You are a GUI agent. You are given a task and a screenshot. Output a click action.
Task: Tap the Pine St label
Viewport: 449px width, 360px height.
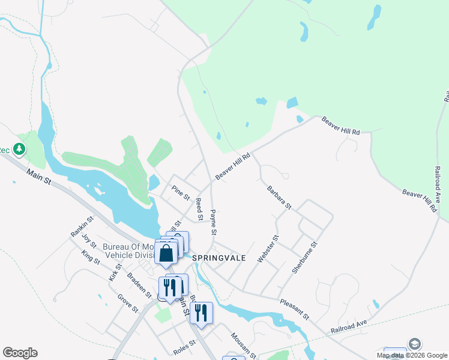(x=181, y=193)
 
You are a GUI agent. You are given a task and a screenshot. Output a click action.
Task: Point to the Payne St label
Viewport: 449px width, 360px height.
(x=213, y=222)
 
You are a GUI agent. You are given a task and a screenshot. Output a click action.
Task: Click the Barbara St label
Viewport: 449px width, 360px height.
(x=279, y=197)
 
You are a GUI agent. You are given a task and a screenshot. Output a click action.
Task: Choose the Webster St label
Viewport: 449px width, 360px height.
(x=268, y=248)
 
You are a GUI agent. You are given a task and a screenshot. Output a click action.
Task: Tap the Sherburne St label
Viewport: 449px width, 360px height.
(x=304, y=257)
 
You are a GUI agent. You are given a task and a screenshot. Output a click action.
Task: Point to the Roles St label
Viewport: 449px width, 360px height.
(x=184, y=346)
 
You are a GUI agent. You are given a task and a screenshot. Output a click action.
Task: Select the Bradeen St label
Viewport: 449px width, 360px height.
(x=139, y=285)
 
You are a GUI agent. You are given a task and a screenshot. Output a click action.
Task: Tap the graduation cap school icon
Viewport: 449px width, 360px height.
(x=414, y=344)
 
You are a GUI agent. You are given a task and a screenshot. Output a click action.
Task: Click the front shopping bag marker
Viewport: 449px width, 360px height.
(x=166, y=253)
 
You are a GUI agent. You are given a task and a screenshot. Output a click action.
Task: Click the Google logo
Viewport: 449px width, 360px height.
(x=20, y=353)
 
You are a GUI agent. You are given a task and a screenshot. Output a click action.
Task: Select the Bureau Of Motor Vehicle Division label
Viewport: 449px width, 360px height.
(x=128, y=250)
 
